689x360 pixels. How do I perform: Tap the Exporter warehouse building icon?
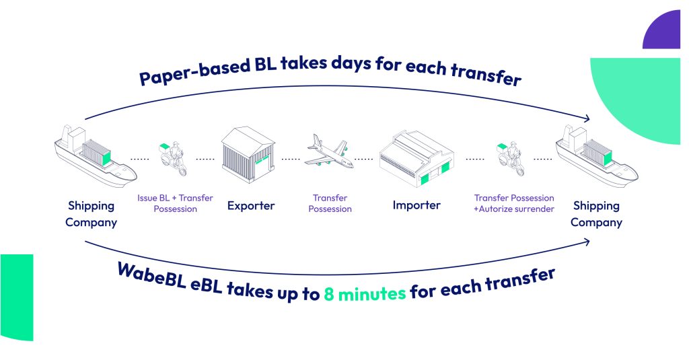(248, 154)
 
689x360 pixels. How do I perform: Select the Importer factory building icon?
(416, 158)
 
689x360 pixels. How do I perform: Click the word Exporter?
(251, 205)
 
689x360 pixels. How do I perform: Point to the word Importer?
(416, 205)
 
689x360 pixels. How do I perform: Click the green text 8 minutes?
(365, 293)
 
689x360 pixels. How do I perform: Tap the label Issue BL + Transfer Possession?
(175, 203)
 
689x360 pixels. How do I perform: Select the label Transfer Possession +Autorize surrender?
(513, 203)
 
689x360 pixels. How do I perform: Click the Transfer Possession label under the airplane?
(330, 203)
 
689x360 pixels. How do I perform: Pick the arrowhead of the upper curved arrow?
(586, 118)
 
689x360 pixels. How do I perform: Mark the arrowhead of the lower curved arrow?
(586, 242)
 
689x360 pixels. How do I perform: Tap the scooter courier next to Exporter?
(173, 158)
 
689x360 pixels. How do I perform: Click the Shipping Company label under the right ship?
(596, 213)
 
